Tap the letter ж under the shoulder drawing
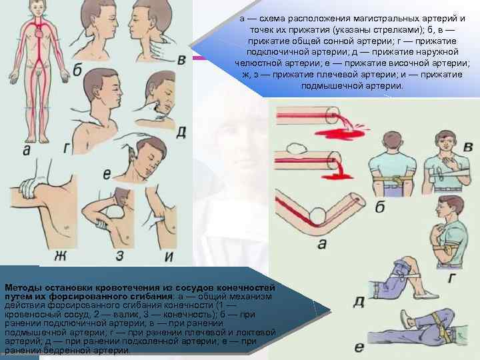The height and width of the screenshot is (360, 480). click(x=60, y=255)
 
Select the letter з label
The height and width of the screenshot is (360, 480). click(x=120, y=255)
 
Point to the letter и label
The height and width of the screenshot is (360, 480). click(x=169, y=256)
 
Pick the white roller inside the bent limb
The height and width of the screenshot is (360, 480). click(x=319, y=216)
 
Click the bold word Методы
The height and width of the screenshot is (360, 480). click(x=23, y=288)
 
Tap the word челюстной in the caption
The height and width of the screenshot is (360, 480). click(x=258, y=63)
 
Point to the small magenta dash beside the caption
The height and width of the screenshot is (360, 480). click(x=199, y=58)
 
